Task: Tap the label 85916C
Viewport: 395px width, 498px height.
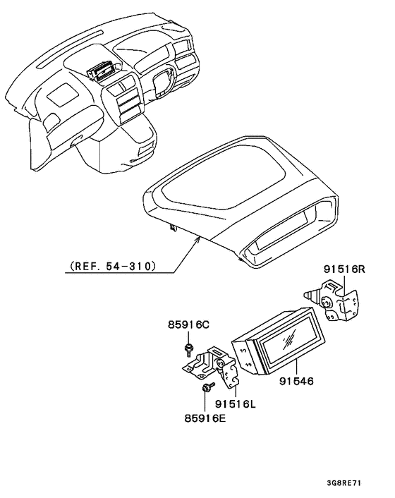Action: [188, 325]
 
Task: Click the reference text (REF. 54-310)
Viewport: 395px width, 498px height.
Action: [112, 267]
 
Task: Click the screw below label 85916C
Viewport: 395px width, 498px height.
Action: [189, 348]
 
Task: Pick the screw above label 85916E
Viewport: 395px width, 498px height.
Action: [206, 387]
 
